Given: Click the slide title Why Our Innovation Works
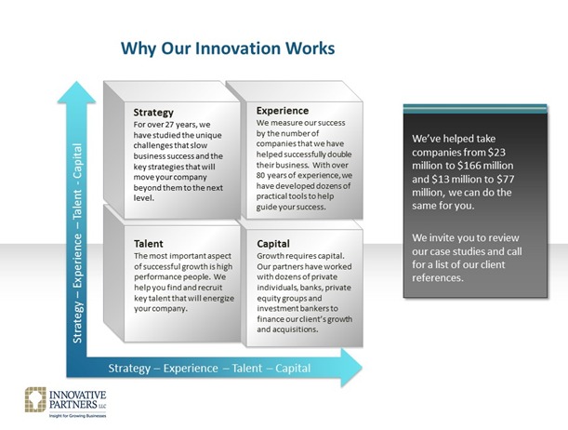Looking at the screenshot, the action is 228,48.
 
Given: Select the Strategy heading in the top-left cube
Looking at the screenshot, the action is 153,113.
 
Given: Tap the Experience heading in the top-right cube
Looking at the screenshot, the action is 283,111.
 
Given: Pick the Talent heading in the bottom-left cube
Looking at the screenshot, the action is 149,244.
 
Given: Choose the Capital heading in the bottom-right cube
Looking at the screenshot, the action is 273,244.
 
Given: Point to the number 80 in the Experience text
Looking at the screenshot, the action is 261,176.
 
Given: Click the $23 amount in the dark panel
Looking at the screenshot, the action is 496,153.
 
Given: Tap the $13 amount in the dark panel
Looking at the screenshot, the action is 441,179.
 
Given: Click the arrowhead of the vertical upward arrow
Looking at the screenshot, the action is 76,92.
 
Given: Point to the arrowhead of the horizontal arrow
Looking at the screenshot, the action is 351,368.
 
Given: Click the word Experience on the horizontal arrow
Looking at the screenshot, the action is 191,369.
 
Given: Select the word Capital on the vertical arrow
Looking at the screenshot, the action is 77,161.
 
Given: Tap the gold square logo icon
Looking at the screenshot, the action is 35,399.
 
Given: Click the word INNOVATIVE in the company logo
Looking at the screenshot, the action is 77,395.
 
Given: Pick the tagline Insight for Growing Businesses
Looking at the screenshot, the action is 77,416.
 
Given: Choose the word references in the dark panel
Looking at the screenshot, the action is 438,278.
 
